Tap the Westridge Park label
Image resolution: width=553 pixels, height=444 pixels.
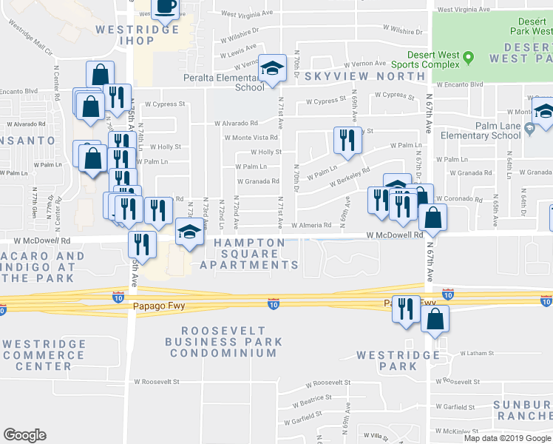pyautogui.click(x=398, y=360)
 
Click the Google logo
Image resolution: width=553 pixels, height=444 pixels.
pyautogui.click(x=24, y=435)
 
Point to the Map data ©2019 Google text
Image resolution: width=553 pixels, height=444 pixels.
pyautogui.click(x=507, y=438)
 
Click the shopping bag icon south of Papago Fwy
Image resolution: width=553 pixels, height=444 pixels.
pyautogui.click(x=435, y=319)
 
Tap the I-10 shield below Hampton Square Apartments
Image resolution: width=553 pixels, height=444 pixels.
pyautogui.click(x=273, y=304)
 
